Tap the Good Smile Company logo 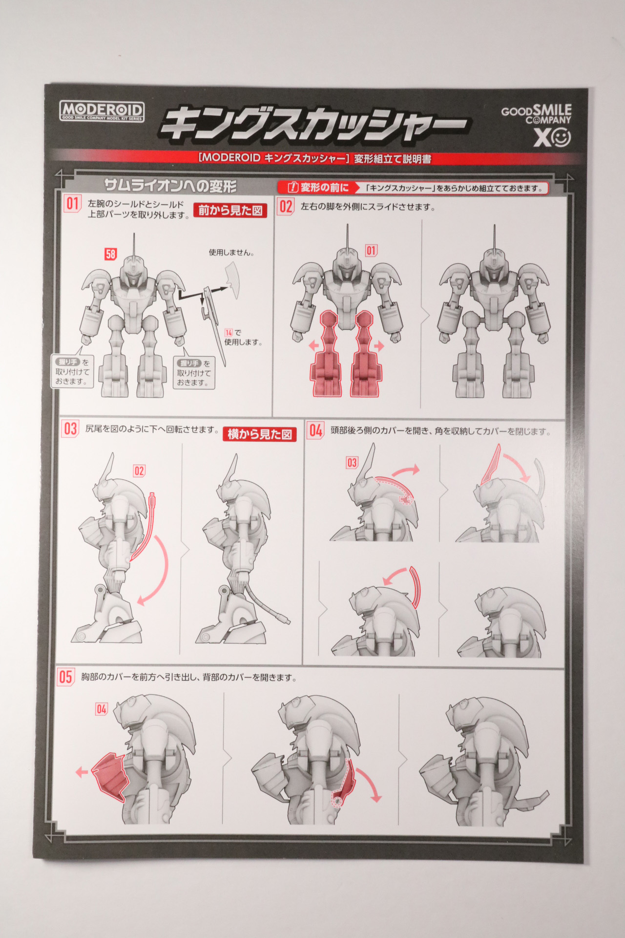tap(537, 126)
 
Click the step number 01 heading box tap(73, 204)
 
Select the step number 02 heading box tap(286, 206)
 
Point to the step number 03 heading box tap(70, 429)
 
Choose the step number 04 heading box tap(315, 431)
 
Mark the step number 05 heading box tap(66, 677)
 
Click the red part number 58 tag tap(111, 254)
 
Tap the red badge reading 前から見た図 tap(230, 211)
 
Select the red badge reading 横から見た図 tap(260, 434)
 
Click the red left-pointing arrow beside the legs tap(313, 346)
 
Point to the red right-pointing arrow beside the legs tap(379, 346)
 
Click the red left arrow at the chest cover tap(82, 772)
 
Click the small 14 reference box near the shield tap(229, 333)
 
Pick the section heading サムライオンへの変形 tap(170, 186)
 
